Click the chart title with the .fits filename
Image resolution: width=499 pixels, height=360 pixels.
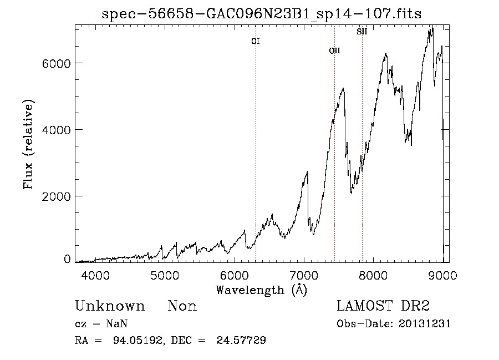262,14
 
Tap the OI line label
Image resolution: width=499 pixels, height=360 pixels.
256,41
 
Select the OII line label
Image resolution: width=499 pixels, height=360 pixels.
334,50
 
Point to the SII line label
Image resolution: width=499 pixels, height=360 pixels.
362,32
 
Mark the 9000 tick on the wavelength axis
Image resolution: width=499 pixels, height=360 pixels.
443,275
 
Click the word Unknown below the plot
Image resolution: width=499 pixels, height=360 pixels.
110,306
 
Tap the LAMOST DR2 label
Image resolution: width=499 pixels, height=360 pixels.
383,306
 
